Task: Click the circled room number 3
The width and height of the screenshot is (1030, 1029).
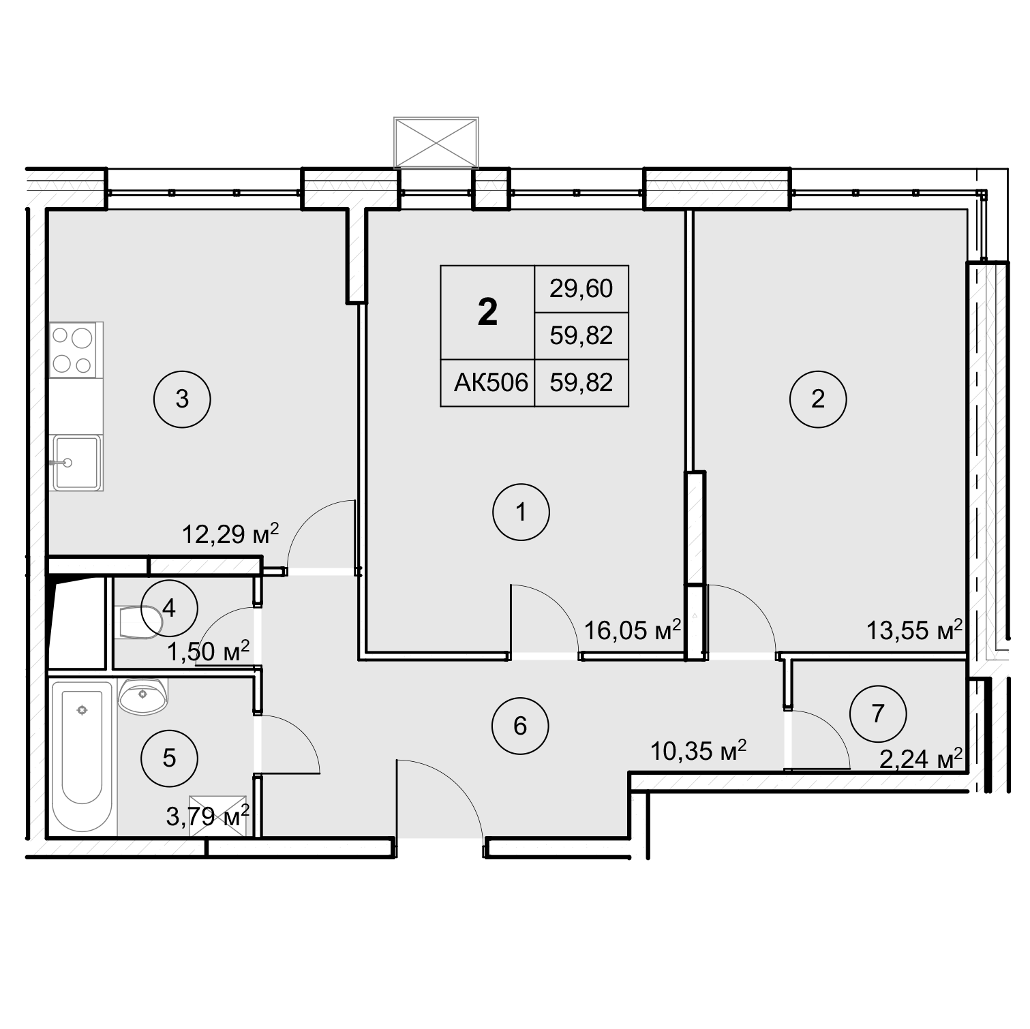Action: click(182, 399)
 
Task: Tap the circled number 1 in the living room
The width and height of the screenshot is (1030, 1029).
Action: click(521, 512)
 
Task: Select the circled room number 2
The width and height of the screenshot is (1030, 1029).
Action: click(818, 399)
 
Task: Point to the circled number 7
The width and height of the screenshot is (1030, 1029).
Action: click(878, 714)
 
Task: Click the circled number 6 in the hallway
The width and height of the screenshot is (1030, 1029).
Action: click(520, 726)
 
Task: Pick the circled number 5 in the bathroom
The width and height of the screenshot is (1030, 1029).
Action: click(169, 758)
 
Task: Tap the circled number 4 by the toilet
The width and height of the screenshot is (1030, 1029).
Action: click(169, 607)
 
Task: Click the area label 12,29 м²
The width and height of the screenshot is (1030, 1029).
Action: click(230, 534)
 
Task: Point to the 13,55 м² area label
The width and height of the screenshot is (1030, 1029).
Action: click(914, 630)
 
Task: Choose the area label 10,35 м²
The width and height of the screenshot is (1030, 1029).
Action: click(699, 751)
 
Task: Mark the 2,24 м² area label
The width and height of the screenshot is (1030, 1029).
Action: click(921, 758)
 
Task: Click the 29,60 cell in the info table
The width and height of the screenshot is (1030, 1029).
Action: click(581, 289)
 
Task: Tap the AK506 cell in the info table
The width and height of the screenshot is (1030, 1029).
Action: click(491, 383)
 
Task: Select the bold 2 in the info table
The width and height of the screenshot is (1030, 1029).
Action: click(487, 313)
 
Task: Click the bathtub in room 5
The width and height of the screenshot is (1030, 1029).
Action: click(82, 757)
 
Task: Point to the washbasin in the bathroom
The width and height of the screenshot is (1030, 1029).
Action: click(142, 696)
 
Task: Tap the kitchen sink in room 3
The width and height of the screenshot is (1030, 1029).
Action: click(77, 463)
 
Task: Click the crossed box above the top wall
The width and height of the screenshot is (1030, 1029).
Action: click(436, 142)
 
